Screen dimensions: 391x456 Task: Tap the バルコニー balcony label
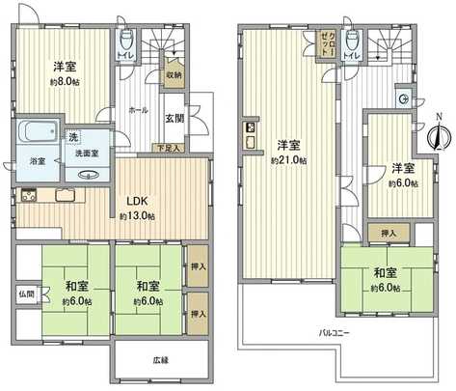coord(336,333)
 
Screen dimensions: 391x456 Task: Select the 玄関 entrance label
coord(174,118)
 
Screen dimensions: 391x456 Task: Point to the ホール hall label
coord(137,111)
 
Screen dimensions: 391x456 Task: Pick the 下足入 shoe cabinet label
coord(171,149)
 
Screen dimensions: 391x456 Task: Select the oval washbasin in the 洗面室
coord(91,175)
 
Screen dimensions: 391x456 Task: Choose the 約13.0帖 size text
coord(136,215)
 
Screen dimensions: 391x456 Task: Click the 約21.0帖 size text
coord(288,159)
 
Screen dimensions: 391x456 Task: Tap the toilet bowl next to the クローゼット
coord(353,41)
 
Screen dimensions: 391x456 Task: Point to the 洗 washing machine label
coord(74,135)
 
